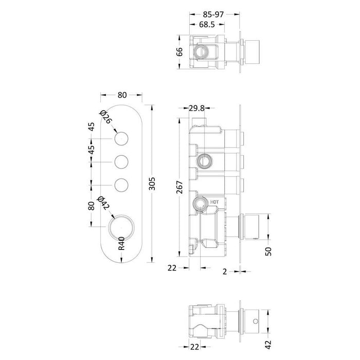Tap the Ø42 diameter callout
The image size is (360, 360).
point(104,204)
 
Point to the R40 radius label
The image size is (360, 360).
point(122,242)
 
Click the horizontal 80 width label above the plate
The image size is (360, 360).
point(122,95)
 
